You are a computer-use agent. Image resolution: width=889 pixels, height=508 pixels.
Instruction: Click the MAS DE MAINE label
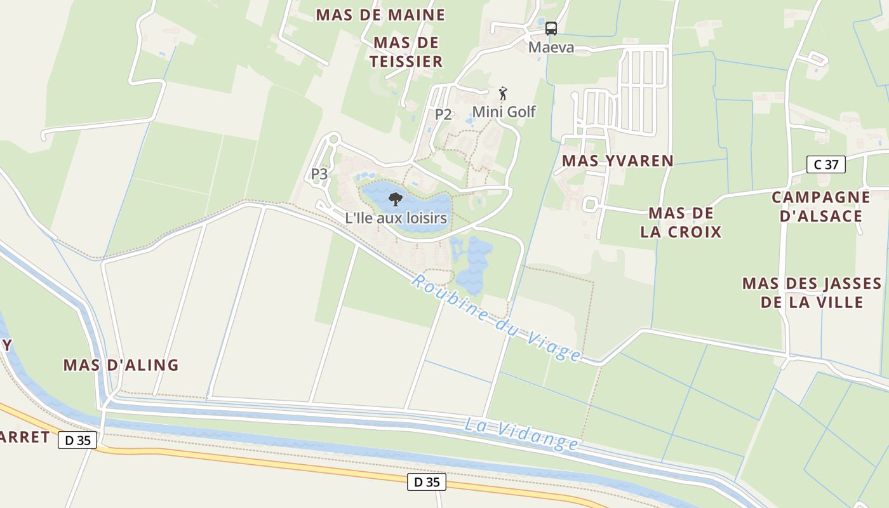coord(380,15)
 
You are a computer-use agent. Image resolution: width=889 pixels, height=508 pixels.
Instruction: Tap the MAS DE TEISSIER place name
coord(406,52)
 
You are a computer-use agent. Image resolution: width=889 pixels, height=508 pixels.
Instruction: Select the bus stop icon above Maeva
coord(551,28)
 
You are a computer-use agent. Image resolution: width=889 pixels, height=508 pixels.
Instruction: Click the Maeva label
coord(551,47)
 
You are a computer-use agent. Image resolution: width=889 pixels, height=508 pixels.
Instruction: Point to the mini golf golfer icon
coord(503,93)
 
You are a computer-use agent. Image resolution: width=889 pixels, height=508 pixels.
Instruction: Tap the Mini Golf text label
coord(504,112)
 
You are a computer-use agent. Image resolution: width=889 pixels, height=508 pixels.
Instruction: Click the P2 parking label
coord(443,114)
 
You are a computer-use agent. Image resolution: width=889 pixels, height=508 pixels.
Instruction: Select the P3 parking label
coord(319,173)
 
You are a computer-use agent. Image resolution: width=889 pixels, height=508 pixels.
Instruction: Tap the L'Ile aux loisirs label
coord(396,218)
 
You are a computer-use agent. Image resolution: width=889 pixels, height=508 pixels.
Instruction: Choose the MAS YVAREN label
coord(617,161)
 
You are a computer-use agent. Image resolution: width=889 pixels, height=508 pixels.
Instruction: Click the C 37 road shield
coord(825,164)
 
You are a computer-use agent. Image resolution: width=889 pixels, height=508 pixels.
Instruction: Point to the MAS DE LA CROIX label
coord(681,222)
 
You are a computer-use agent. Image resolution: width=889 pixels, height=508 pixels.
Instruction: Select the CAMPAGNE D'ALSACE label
coord(820,206)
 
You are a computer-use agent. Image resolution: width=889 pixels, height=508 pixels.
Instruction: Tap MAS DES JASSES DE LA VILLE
coord(812,292)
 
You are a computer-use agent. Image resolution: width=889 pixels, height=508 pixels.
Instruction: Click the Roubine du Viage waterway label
coord(495,317)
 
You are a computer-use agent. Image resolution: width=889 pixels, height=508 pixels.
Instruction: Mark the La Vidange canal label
coord(521,434)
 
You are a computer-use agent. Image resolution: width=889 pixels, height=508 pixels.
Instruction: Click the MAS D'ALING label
coord(121,365)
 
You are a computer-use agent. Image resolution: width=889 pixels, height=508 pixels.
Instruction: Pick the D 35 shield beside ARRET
coord(77,440)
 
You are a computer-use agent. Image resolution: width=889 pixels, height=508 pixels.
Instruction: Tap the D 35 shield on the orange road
coord(426,482)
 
